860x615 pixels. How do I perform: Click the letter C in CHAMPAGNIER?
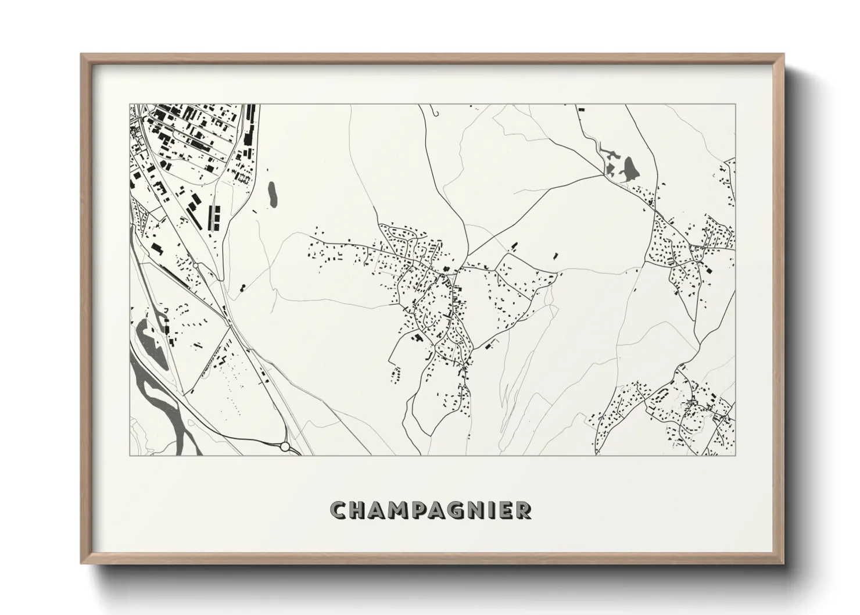pos(339,510)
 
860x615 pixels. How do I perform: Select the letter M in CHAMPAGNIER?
pos(401,510)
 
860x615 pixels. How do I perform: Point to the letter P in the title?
pos(422,510)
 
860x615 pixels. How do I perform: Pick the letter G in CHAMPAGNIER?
pos(463,510)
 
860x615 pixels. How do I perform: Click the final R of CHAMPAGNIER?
pos(525,510)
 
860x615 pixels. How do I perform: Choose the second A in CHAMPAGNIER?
pos(442,510)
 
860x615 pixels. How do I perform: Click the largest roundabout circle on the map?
pos(285,446)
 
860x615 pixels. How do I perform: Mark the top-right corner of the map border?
pos(735,105)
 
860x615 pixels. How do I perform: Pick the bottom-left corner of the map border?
pos(130,455)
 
